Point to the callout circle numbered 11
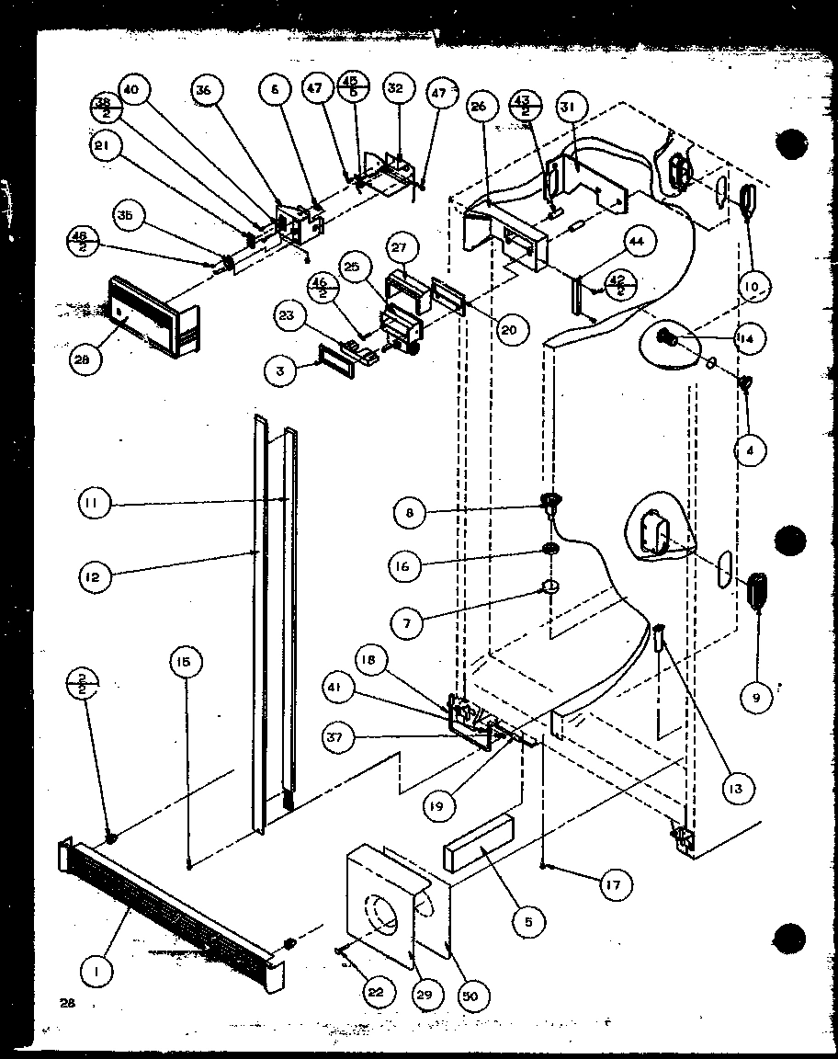(x=95, y=503)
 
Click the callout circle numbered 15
(x=186, y=663)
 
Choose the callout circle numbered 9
(x=757, y=697)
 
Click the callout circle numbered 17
(x=613, y=885)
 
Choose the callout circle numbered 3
(x=279, y=371)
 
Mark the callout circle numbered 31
(x=568, y=108)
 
